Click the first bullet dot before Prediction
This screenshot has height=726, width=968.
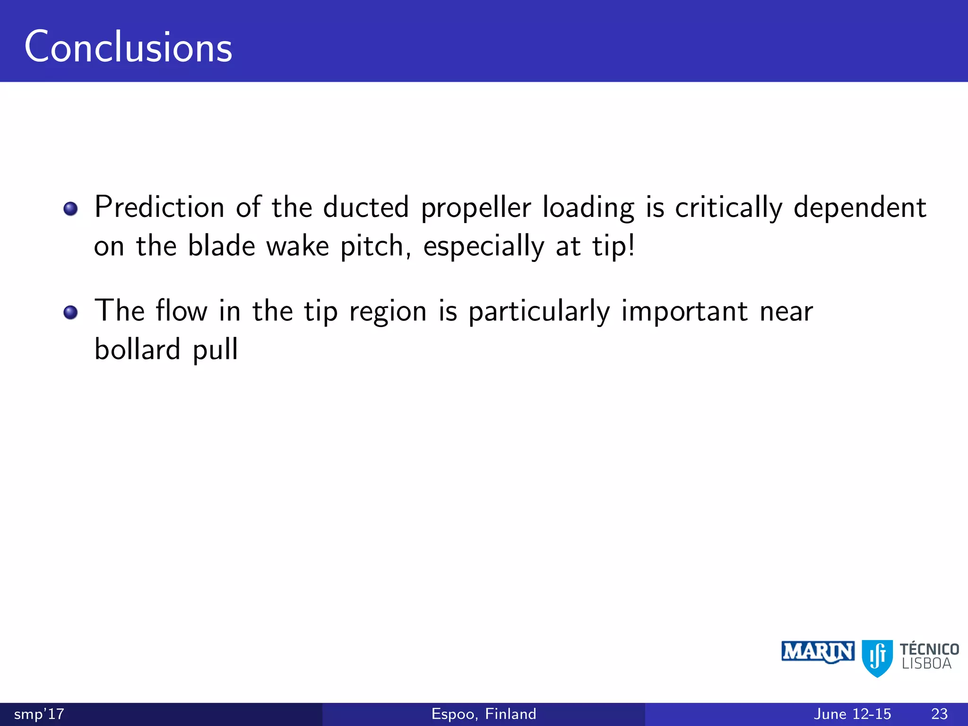[70, 208]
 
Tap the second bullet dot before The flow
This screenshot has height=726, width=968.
[70, 312]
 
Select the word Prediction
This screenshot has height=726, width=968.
[159, 207]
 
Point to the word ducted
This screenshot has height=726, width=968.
[366, 207]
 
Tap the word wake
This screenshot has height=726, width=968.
[298, 246]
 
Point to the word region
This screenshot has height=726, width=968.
[388, 312]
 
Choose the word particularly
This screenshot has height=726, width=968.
[539, 312]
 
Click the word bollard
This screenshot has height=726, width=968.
[138, 349]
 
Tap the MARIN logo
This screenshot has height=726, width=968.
[818, 652]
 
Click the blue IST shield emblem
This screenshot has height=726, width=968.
[877, 657]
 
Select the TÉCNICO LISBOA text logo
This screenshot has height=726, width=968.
[929, 656]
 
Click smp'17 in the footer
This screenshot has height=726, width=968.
[39, 714]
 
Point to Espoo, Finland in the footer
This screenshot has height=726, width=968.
[484, 714]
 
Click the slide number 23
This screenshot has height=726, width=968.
[939, 714]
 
